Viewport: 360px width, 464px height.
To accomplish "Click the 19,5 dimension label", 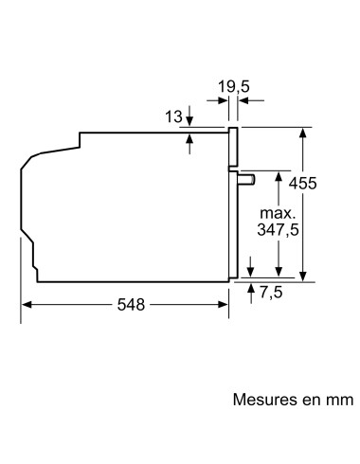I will tap(232, 87).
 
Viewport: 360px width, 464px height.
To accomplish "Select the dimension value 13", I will tap(173, 116).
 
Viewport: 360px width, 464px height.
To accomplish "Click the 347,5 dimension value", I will tap(277, 229).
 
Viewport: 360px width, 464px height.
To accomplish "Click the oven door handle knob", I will tap(248, 179).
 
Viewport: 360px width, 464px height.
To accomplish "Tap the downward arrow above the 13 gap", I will tap(191, 121).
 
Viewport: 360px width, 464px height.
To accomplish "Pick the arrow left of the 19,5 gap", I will tap(219, 99).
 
